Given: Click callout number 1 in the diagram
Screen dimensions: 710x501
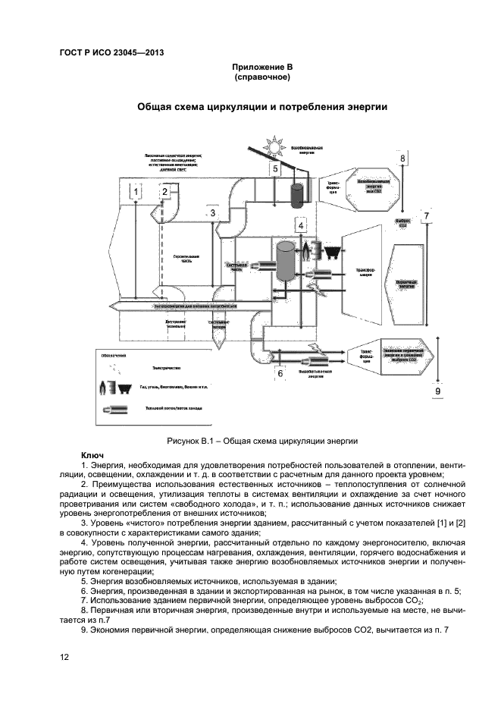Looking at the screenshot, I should pyautogui.click(x=136, y=193).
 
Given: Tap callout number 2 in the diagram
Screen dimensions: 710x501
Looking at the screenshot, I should pyautogui.click(x=163, y=193).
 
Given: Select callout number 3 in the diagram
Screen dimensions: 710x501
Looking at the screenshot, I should pyautogui.click(x=213, y=214).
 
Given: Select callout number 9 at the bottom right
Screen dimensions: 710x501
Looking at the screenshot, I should pyautogui.click(x=438, y=390).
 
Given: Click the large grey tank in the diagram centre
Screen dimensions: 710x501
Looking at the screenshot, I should pyautogui.click(x=286, y=262).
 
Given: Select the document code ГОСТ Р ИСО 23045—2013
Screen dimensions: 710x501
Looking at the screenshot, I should pyautogui.click(x=111, y=52).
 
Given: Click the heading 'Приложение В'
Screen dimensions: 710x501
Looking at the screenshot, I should pyautogui.click(x=261, y=68).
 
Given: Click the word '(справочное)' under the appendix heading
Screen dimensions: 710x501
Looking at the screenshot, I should pyautogui.click(x=261, y=78).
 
